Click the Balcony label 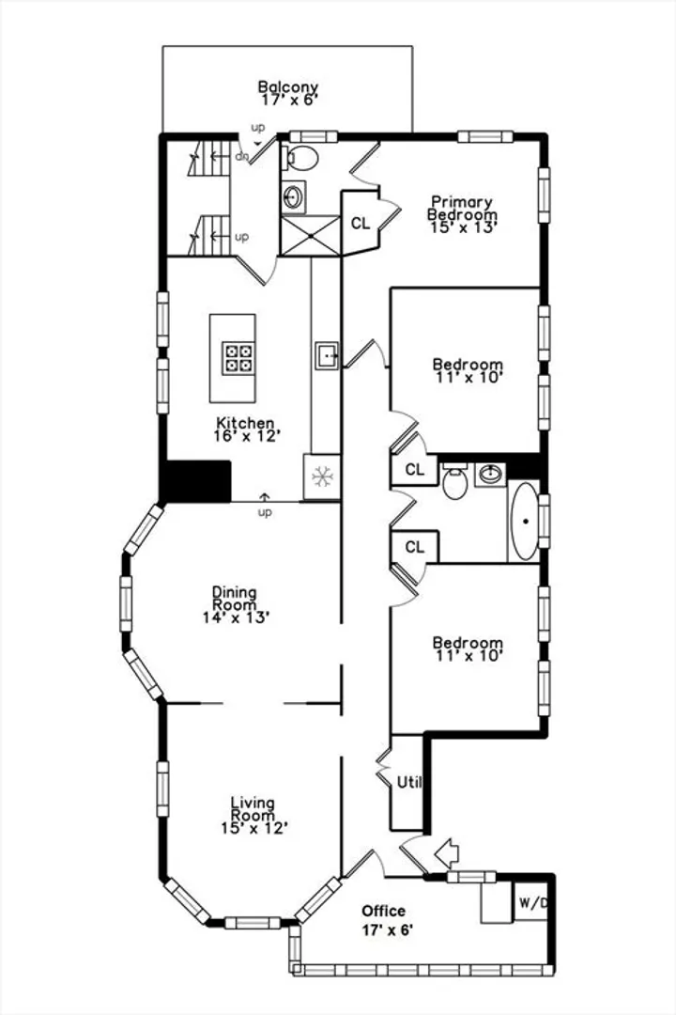288,86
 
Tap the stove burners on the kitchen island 237,358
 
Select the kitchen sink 327,356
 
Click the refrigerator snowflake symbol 321,477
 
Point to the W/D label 533,901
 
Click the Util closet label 408,782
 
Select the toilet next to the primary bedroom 300,158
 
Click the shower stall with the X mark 311,236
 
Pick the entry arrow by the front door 446,852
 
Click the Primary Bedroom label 463,208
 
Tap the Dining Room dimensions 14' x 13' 236,617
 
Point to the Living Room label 253,809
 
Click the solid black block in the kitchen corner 195,481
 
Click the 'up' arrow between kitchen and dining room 265,497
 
